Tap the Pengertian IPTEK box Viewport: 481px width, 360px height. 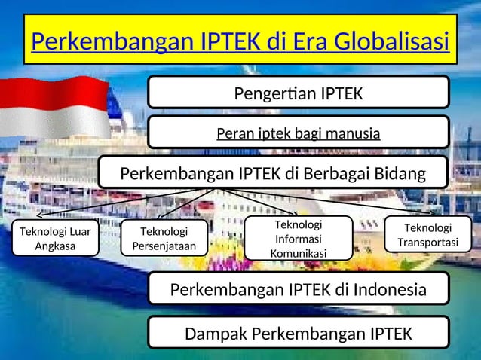point(298,93)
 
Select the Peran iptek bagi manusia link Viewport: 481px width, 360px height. point(298,134)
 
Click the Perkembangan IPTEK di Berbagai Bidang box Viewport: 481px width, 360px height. point(272,174)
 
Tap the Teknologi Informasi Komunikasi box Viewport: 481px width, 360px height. point(299,239)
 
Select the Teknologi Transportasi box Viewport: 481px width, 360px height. point(428,235)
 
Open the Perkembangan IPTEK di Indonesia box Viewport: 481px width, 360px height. point(298,289)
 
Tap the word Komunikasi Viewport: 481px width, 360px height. point(299,253)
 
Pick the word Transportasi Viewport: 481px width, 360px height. point(428,243)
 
